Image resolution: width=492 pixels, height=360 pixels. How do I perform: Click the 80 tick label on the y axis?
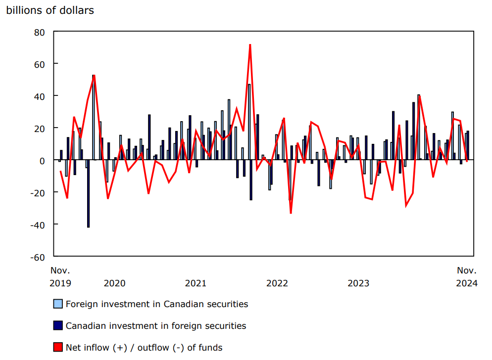(x=39, y=32)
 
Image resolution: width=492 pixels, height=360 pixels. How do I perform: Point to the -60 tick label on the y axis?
(x=37, y=257)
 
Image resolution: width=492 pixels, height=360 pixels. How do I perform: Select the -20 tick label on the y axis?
(x=37, y=192)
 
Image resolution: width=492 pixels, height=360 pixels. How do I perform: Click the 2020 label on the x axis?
(x=114, y=283)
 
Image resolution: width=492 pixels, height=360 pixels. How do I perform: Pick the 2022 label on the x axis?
(x=277, y=283)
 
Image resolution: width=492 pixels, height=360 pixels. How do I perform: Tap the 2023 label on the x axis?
(x=358, y=283)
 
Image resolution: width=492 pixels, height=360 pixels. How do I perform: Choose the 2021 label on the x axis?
(x=196, y=283)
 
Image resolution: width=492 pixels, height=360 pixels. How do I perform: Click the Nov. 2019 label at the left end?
(x=60, y=277)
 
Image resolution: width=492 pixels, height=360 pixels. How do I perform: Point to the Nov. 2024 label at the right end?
(x=467, y=277)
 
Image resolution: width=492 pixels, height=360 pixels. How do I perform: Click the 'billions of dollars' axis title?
(x=50, y=10)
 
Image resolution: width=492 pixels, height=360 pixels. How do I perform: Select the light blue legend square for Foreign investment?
(x=58, y=304)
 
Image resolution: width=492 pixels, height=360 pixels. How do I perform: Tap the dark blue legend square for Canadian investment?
(x=58, y=325)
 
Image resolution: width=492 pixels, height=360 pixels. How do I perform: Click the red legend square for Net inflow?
(x=58, y=347)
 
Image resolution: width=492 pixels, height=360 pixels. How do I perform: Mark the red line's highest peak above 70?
(x=250, y=45)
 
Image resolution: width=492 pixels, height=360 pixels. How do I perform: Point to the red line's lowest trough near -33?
(x=291, y=213)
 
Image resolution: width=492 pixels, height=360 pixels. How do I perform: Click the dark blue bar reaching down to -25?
(x=251, y=180)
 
